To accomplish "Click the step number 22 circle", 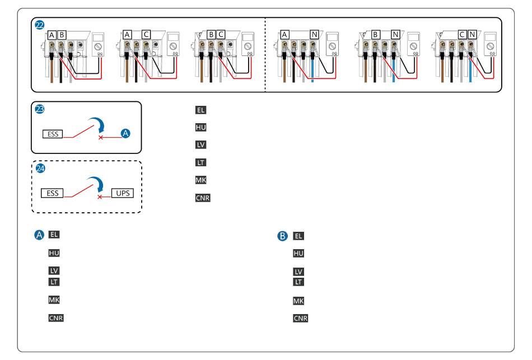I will (40, 25).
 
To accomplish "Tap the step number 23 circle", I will (40, 109).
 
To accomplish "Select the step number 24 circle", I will (40, 168).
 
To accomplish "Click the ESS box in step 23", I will (53, 134).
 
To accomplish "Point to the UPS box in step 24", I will (122, 193).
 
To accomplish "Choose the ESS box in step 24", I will (53, 193).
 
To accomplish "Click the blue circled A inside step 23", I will (126, 133).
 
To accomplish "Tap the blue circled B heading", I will (283, 236).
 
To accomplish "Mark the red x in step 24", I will (100, 197).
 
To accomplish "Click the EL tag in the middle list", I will (200, 110).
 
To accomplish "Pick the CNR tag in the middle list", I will (203, 198).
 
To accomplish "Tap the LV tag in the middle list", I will (200, 145).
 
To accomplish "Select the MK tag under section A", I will (54, 300).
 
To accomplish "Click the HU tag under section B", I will (299, 254).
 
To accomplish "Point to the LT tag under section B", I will (299, 282).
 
